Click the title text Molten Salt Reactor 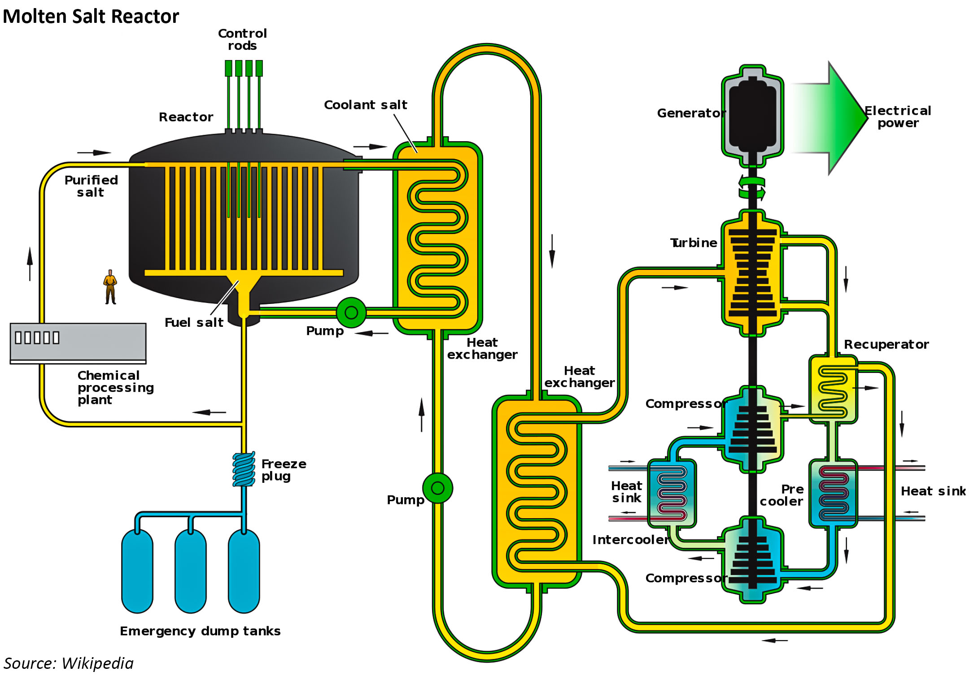(91, 17)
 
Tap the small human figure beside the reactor (110, 287)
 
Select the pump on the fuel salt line (351, 312)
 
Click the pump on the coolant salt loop (438, 488)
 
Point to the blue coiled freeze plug (244, 469)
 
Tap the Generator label (691, 113)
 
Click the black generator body (753, 115)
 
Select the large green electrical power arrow (830, 118)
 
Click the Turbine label (694, 243)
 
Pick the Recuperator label (886, 344)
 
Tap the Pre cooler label (782, 495)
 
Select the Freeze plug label (284, 470)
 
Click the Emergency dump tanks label (200, 631)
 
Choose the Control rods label (242, 39)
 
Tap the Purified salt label (91, 186)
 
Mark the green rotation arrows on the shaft (752, 188)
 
